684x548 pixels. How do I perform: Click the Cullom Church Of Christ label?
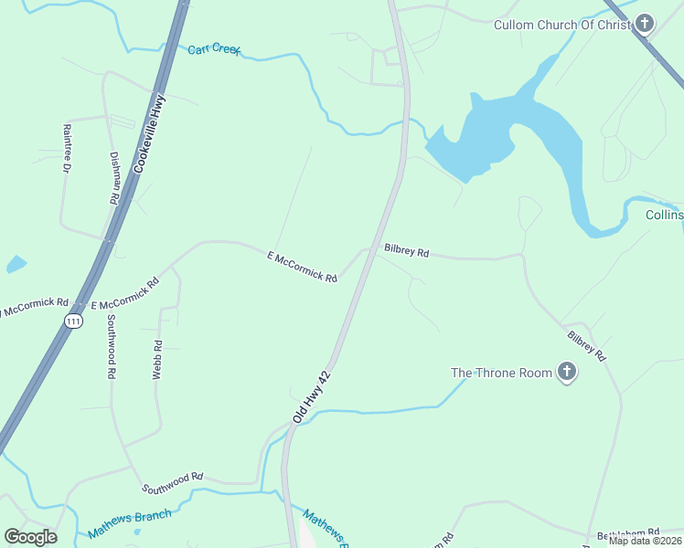coord(561,25)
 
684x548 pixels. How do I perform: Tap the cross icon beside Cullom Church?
coord(645,24)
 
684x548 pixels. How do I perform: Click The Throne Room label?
coord(501,373)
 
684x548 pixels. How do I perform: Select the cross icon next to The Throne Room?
coord(567,373)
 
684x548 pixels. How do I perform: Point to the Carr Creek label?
coord(213,48)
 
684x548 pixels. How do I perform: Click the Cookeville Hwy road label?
coord(149,133)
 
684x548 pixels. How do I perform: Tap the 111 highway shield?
coord(73,321)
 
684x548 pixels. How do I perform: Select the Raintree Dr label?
coord(67,149)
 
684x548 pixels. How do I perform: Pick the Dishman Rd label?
coord(115,178)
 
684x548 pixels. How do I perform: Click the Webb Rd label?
coord(157,360)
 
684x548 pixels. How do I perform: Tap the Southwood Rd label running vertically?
coord(111,346)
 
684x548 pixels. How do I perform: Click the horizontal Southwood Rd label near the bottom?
coord(172,478)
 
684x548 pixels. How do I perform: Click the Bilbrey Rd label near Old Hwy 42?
coord(407,249)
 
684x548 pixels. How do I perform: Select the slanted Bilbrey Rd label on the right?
coord(585,346)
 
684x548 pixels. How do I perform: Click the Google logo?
coord(31,536)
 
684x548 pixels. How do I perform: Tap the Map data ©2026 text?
coord(645,541)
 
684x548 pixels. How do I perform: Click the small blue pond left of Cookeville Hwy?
coord(16,265)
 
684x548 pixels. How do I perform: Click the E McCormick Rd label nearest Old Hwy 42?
coord(303,267)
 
